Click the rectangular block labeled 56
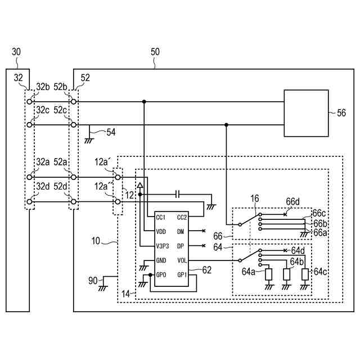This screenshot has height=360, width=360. click(x=306, y=113)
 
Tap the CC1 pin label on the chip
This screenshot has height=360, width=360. click(x=160, y=217)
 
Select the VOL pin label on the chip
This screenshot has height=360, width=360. click(x=182, y=260)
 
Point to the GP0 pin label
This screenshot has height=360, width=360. click(x=161, y=274)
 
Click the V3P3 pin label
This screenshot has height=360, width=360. click(x=163, y=246)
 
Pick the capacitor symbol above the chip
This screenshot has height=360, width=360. click(x=177, y=195)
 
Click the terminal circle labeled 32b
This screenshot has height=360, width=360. click(x=29, y=101)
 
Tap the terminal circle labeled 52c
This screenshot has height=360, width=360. click(x=74, y=125)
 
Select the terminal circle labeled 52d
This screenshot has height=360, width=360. click(x=74, y=201)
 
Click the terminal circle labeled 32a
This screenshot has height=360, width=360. click(x=29, y=177)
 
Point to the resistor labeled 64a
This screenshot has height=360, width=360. click(x=269, y=274)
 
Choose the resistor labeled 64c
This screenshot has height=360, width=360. click(x=305, y=274)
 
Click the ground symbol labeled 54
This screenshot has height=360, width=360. click(x=89, y=141)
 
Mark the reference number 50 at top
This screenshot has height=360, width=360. click(x=155, y=52)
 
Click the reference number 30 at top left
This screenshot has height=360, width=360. click(x=16, y=52)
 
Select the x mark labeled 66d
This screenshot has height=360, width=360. click(x=285, y=214)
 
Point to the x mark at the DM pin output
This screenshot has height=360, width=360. click(x=204, y=231)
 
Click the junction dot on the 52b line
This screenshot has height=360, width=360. click(x=144, y=101)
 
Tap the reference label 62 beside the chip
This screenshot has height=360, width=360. click(x=207, y=270)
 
